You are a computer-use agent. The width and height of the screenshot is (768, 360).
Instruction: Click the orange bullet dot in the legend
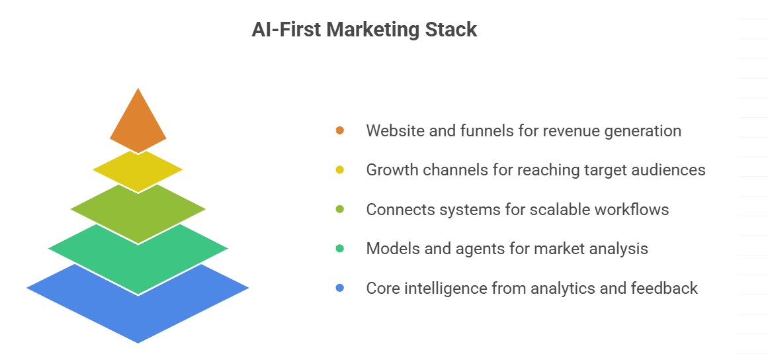click(x=340, y=130)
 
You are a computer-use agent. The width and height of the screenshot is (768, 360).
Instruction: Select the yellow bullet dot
click(x=340, y=170)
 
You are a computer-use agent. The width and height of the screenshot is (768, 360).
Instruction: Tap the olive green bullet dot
click(x=340, y=209)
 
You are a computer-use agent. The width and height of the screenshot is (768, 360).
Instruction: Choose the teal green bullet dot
click(x=340, y=248)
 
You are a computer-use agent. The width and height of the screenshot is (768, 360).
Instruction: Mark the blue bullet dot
click(x=340, y=288)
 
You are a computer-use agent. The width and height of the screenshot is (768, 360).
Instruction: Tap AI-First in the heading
click(x=286, y=29)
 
